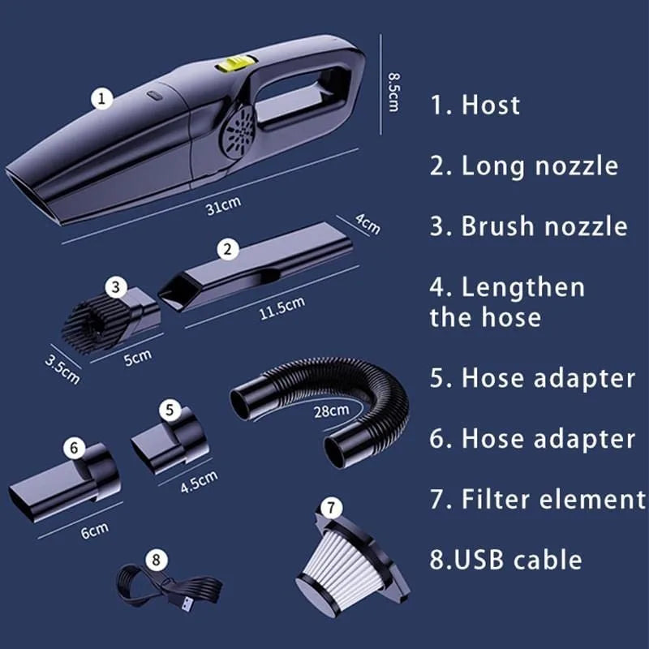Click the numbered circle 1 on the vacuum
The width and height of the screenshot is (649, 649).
tap(101, 99)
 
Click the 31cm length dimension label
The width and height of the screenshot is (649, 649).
tap(218, 208)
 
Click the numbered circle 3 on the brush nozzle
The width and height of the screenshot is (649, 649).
tap(117, 286)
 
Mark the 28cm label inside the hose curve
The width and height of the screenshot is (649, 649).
tap(332, 410)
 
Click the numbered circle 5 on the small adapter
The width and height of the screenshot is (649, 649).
tap(169, 410)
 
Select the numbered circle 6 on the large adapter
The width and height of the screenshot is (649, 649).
tap(74, 447)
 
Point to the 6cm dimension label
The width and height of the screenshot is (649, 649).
tap(94, 531)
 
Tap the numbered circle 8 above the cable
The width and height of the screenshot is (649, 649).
tap(157, 559)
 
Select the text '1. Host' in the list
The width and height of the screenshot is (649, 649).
tap(475, 105)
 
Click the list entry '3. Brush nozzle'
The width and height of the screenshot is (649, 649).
tap(528, 226)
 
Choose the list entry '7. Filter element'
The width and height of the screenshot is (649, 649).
tap(538, 499)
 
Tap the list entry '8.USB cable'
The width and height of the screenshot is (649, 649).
tap(505, 559)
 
